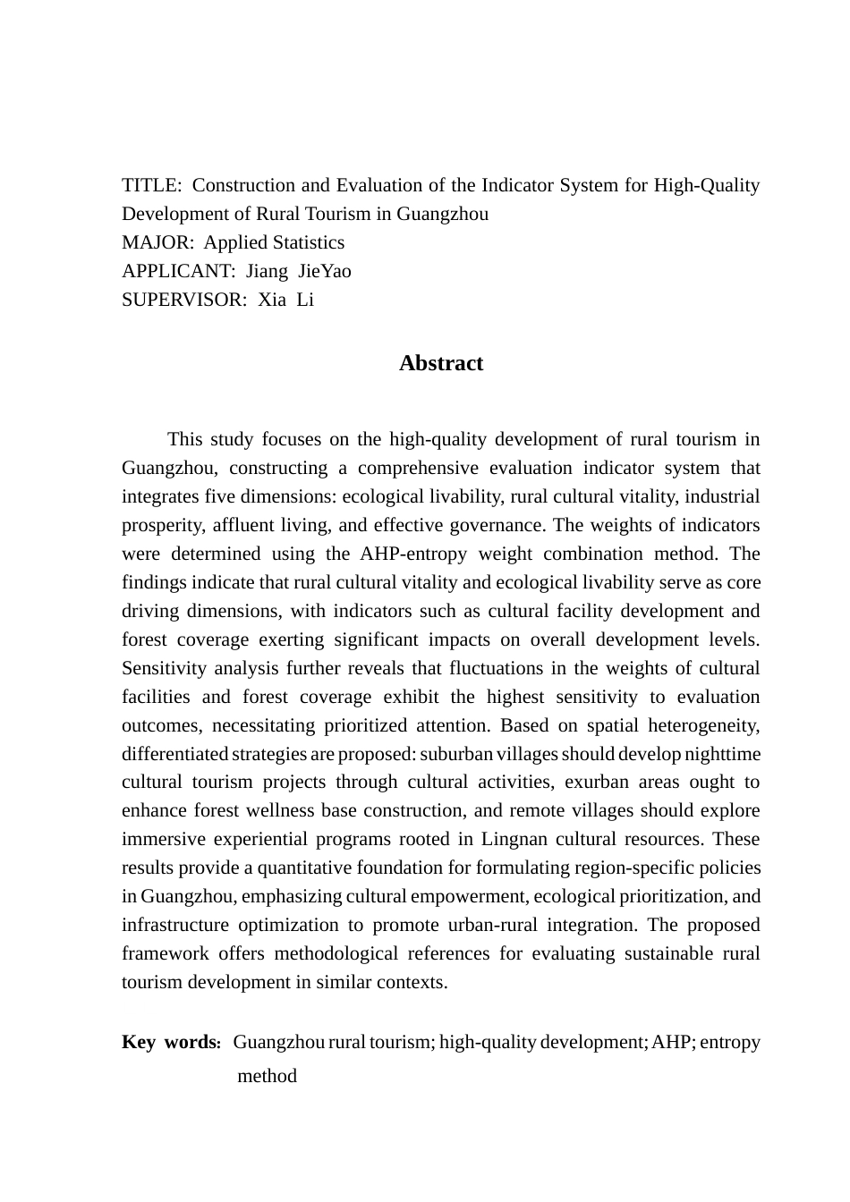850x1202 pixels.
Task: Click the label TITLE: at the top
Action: pos(152,186)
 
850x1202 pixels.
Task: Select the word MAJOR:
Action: pos(157,243)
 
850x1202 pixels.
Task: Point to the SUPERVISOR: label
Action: pos(184,300)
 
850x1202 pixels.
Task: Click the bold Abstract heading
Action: pos(441,363)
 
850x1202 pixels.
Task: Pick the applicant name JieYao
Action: pos(325,272)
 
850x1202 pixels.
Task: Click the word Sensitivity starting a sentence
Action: pos(164,668)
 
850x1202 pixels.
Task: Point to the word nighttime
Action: pos(722,754)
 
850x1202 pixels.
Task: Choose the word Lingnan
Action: pos(514,839)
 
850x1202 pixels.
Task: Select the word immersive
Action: pos(159,839)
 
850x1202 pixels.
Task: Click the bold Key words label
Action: pos(171,1043)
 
